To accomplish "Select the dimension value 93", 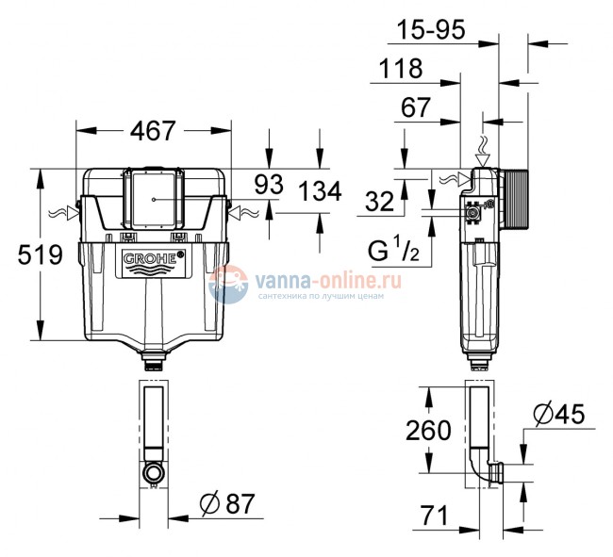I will [x=270, y=186].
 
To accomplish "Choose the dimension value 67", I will [x=416, y=108].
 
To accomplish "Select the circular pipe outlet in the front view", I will [x=153, y=471].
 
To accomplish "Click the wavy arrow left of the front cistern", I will [x=62, y=213].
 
